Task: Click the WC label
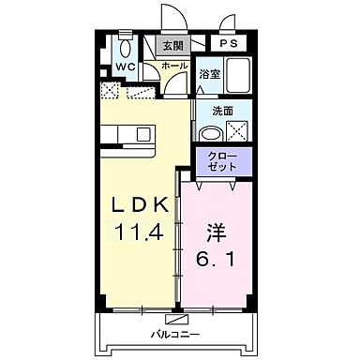[x=124, y=67]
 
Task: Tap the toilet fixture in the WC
[x=125, y=47]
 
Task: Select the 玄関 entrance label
[x=172, y=45]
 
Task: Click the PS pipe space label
[x=229, y=44]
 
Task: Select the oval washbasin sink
[x=208, y=128]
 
